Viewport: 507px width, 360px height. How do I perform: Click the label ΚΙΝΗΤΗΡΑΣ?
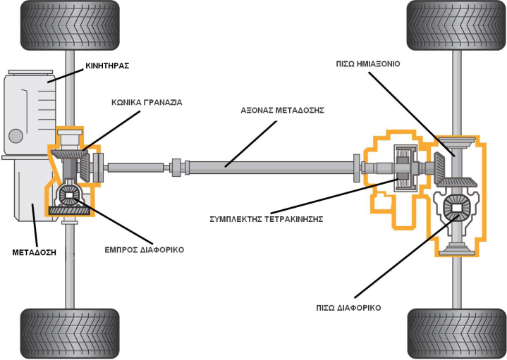pos(106,66)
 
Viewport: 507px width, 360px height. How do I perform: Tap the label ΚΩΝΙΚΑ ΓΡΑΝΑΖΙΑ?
pos(146,102)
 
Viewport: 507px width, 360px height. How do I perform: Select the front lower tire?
pos(68,333)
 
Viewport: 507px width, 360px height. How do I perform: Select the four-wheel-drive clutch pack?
pos(404,169)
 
